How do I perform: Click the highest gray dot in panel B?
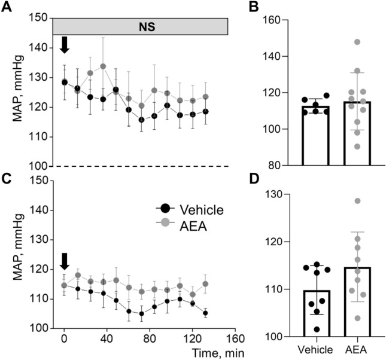click(x=357, y=42)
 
